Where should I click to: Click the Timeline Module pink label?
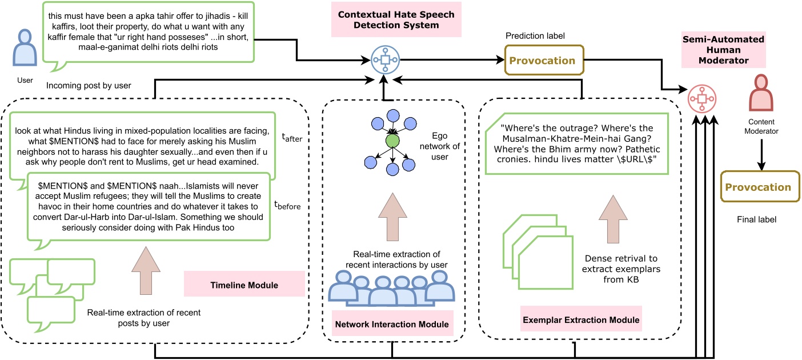pos(244,283)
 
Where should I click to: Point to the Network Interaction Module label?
pos(391,324)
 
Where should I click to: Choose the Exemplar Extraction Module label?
pos(581,318)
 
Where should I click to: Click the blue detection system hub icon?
pos(384,60)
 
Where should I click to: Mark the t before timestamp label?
pos(287,204)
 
